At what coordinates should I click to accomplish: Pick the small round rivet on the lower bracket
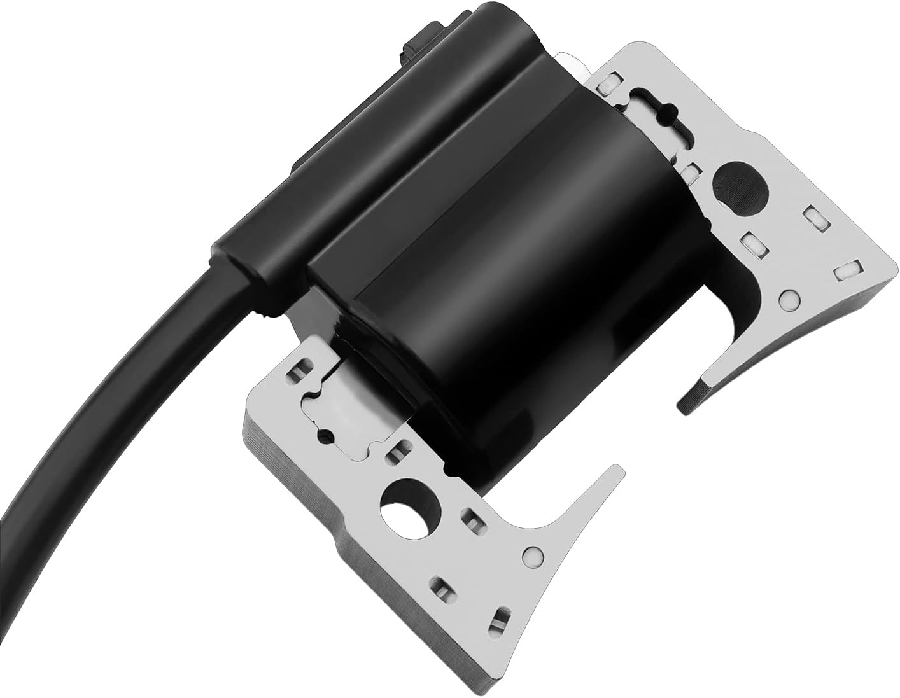[x=530, y=556]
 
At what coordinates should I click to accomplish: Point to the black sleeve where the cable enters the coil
[x=255, y=255]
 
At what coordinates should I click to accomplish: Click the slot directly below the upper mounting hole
[x=752, y=241]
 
